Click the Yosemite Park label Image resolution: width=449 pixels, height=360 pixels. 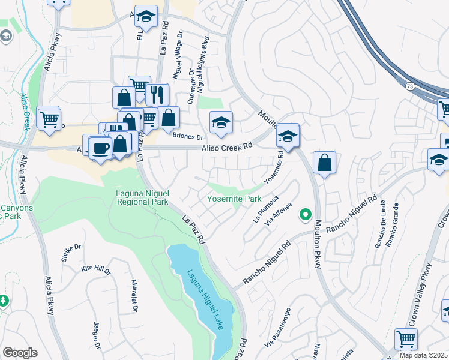click(234, 198)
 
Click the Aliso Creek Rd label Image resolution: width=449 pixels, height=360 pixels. click(226, 146)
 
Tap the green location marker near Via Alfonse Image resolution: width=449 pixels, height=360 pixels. click(306, 214)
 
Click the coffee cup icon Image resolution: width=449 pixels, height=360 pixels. click(100, 147)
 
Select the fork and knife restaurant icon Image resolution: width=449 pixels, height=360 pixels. click(157, 94)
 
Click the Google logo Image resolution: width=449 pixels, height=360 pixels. click(20, 353)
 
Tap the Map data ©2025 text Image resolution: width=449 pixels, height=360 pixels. click(423, 355)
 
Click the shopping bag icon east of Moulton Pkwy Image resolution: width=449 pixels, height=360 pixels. click(324, 163)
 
